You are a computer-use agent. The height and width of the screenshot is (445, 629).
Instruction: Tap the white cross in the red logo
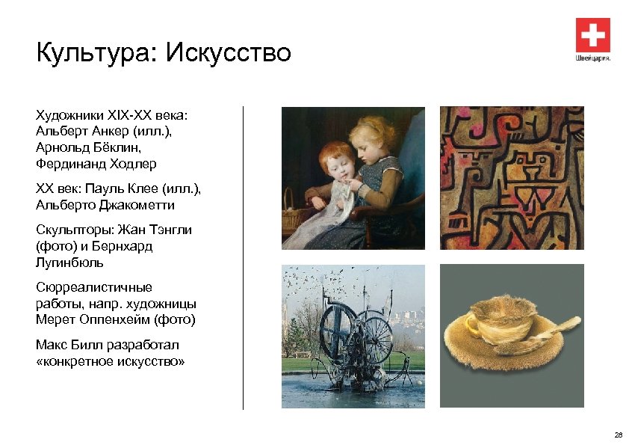point(592,35)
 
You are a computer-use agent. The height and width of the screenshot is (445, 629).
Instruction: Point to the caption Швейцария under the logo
point(592,58)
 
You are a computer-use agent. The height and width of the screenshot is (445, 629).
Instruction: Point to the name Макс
point(51,345)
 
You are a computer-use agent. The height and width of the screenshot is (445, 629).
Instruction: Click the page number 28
point(617,435)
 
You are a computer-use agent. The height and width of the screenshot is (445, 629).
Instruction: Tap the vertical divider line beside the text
point(244,257)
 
